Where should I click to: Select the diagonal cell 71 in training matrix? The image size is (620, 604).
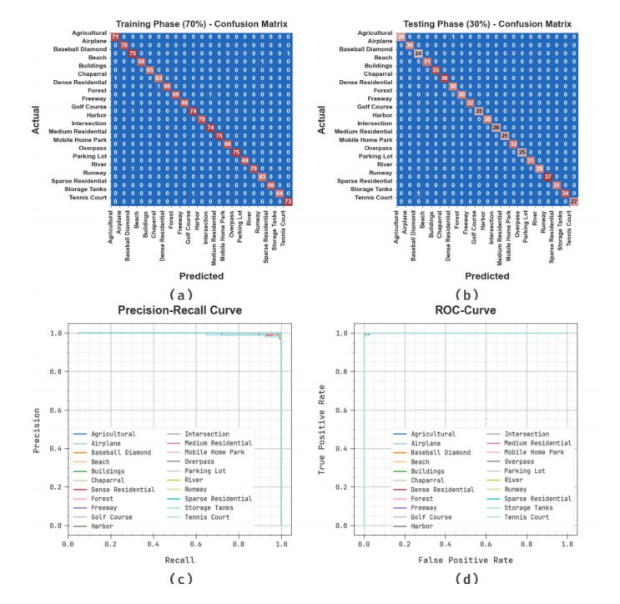pyautogui.click(x=115, y=36)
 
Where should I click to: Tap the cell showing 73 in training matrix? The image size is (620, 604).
pyautogui.click(x=289, y=201)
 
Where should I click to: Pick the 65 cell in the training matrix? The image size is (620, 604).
pyautogui.click(x=150, y=70)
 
